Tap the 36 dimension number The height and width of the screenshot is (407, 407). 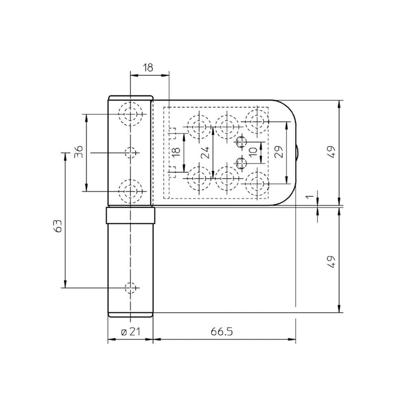(x=78, y=152)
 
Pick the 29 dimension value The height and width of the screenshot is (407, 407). (x=278, y=152)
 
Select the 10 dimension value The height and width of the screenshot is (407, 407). (x=253, y=152)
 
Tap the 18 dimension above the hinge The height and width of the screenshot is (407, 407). (x=149, y=67)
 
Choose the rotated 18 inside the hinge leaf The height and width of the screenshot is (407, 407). (x=175, y=152)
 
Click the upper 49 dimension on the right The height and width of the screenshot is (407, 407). (x=331, y=152)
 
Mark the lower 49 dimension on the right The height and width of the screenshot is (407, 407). (x=331, y=261)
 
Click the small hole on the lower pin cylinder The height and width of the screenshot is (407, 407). (x=131, y=287)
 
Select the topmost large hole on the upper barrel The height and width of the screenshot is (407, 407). (x=131, y=113)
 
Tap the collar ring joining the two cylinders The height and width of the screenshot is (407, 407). (x=131, y=216)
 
